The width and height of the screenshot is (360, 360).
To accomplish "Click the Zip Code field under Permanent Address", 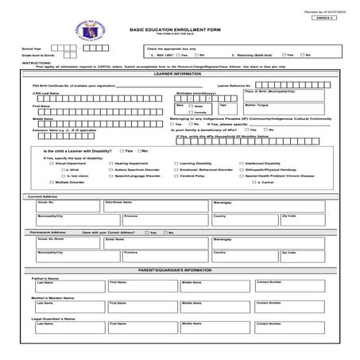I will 302,256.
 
